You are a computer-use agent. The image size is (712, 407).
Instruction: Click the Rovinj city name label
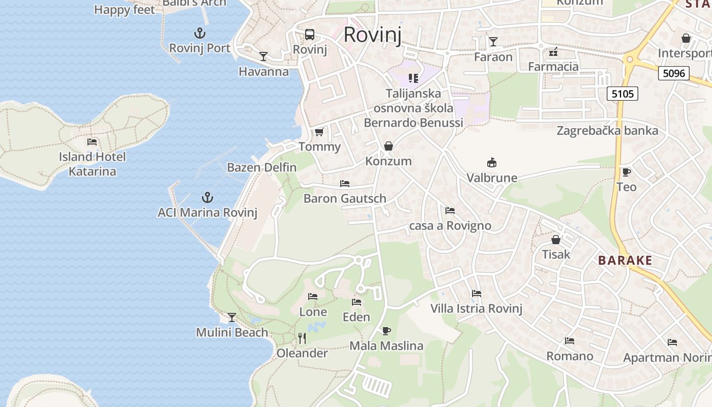click(x=372, y=35)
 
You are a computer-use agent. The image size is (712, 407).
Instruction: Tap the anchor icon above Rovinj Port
click(x=200, y=34)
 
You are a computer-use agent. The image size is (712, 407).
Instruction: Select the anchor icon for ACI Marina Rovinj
click(x=207, y=197)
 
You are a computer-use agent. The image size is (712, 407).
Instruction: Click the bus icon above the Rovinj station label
click(x=309, y=35)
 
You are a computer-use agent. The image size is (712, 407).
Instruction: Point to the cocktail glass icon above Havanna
click(x=263, y=56)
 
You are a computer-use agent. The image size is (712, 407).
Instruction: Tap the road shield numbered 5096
click(x=674, y=73)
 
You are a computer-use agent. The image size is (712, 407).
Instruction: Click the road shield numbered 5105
click(x=622, y=94)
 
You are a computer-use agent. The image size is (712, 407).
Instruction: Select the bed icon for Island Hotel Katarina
click(x=92, y=142)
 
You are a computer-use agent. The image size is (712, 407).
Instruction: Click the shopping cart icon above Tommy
click(x=319, y=132)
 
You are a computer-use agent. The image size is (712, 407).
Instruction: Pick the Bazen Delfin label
click(x=261, y=167)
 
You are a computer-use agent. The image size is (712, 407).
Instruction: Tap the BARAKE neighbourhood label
click(x=625, y=260)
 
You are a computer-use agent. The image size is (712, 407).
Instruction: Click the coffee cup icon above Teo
click(x=626, y=172)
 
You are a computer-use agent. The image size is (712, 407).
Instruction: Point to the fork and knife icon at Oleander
click(x=302, y=338)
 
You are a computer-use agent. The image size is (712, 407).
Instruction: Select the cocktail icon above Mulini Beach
click(x=232, y=317)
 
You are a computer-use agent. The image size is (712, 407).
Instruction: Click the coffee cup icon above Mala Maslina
click(x=387, y=331)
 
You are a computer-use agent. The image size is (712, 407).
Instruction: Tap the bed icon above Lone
click(x=313, y=297)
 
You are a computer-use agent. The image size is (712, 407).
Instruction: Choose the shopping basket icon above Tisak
click(x=556, y=240)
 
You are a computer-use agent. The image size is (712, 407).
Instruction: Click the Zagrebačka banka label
click(x=607, y=131)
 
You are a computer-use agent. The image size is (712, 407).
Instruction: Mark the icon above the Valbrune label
click(x=492, y=163)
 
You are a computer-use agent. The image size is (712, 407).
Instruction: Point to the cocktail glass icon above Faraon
click(x=493, y=42)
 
